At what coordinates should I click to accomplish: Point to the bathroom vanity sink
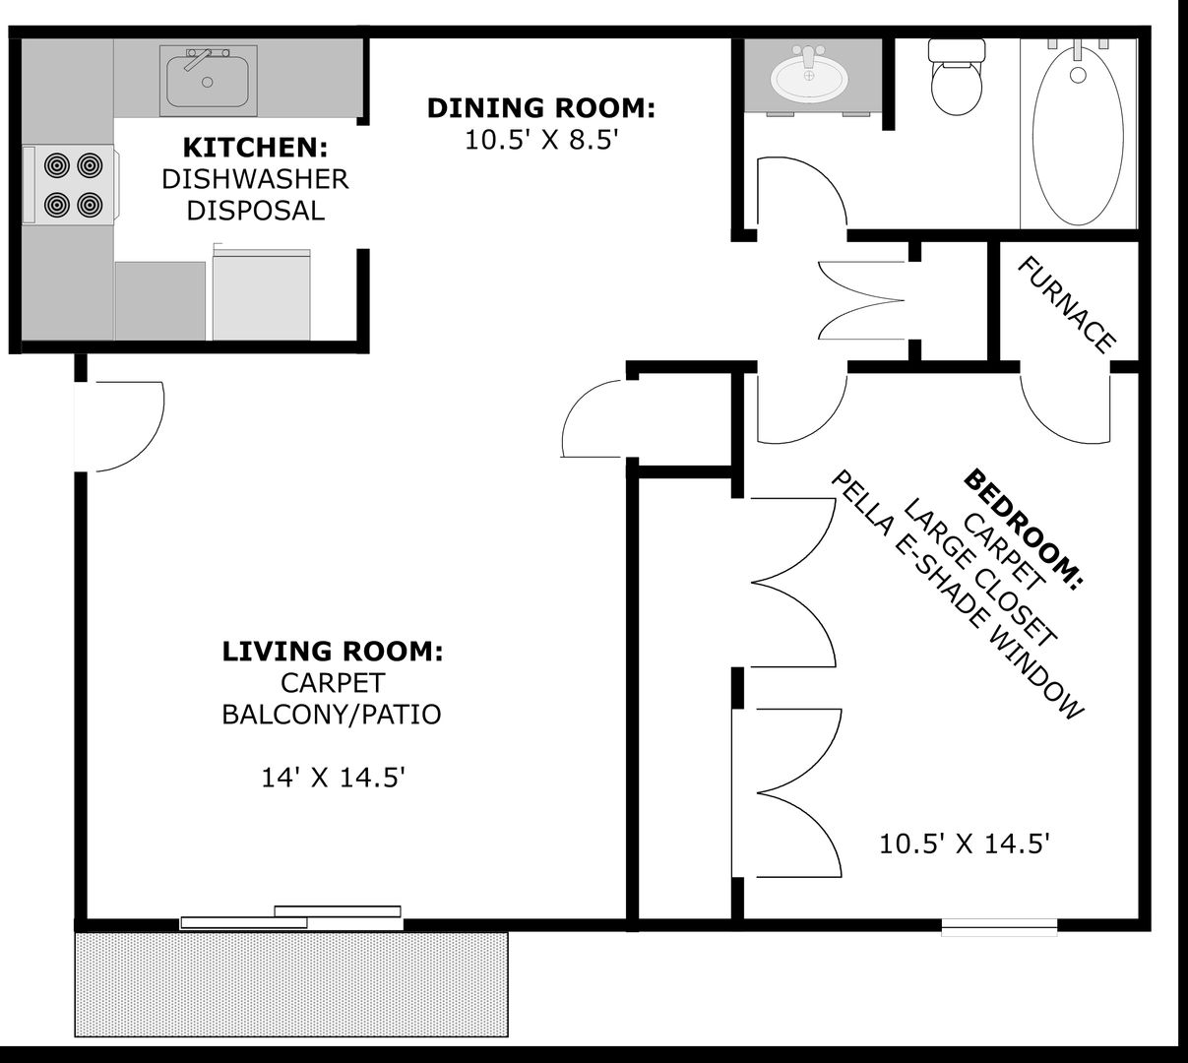point(809,77)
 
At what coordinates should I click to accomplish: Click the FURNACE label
point(1067,304)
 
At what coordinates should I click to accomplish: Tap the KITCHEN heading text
point(255,148)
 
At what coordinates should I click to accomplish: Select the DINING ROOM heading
point(540,107)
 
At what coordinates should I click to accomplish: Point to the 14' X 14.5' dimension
point(334,778)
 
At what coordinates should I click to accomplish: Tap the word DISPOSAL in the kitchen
point(255,211)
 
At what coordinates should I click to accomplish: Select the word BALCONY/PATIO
point(332,714)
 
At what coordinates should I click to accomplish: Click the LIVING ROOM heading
point(332,651)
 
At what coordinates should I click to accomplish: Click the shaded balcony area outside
point(291,984)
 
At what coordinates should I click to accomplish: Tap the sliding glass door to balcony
point(292,917)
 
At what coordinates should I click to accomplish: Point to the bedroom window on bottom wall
point(999,926)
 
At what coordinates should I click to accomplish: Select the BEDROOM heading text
point(1023,530)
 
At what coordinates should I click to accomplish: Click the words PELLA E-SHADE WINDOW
point(957,594)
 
